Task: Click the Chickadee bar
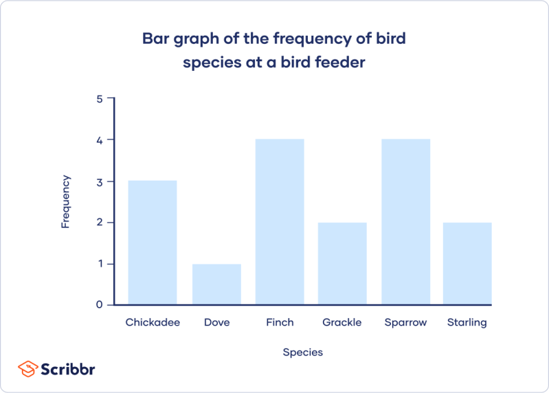pyautogui.click(x=153, y=242)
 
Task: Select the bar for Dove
pyautogui.click(x=216, y=284)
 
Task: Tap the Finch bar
pyautogui.click(x=280, y=221)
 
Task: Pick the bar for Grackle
pyautogui.click(x=342, y=263)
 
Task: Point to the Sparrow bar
pyautogui.click(x=405, y=221)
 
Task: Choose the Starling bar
pyautogui.click(x=467, y=263)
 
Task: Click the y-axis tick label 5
pyautogui.click(x=100, y=99)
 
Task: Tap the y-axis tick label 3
pyautogui.click(x=100, y=181)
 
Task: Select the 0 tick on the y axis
pyautogui.click(x=100, y=304)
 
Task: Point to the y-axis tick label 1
pyautogui.click(x=100, y=264)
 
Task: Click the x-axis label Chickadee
pyautogui.click(x=153, y=322)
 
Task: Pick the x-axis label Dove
pyautogui.click(x=216, y=322)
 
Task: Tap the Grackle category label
pyautogui.click(x=342, y=322)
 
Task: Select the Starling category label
pyautogui.click(x=467, y=322)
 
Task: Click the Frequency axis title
pyautogui.click(x=66, y=202)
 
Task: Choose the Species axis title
pyautogui.click(x=302, y=352)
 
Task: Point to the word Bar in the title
pyautogui.click(x=155, y=38)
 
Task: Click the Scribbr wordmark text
pyautogui.click(x=67, y=369)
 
